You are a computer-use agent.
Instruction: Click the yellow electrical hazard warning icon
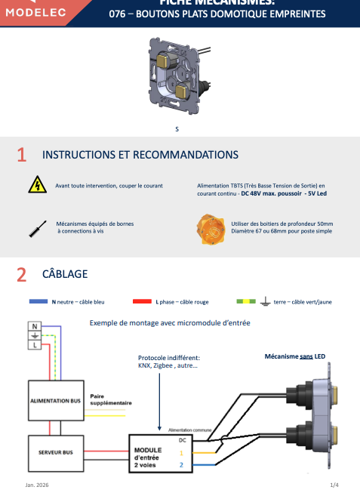35,185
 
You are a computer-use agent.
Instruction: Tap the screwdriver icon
35,228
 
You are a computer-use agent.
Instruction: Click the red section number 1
22,155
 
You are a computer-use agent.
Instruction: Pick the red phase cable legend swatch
142,301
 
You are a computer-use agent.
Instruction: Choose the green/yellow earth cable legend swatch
245,301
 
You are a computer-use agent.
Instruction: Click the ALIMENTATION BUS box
56,402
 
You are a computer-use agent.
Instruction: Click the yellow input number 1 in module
181,453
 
